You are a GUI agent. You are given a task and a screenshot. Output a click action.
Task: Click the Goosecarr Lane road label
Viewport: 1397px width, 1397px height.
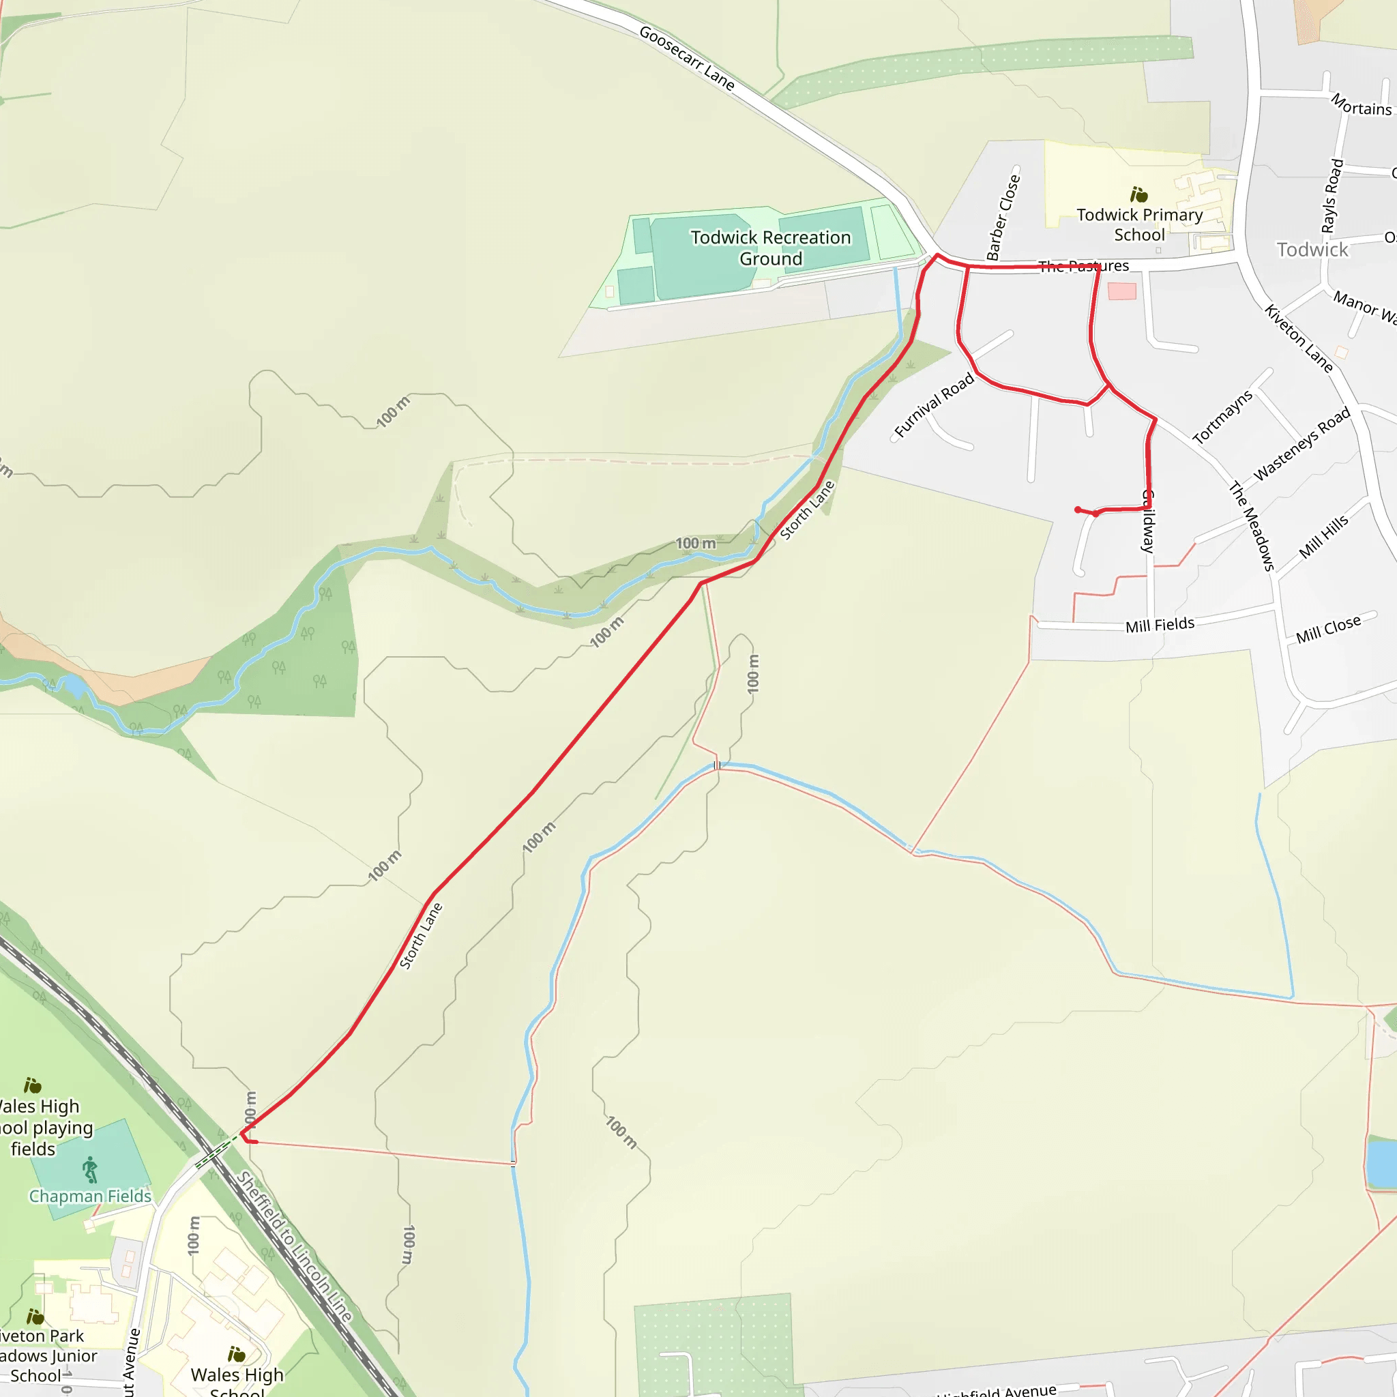pyautogui.click(x=686, y=59)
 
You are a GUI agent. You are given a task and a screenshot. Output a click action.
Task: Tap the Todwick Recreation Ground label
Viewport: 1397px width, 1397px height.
pyautogui.click(x=770, y=248)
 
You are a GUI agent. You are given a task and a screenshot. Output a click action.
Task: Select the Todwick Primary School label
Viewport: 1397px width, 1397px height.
pyautogui.click(x=1139, y=225)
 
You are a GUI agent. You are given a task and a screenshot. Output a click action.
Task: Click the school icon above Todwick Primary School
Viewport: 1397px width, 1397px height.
pyautogui.click(x=1139, y=194)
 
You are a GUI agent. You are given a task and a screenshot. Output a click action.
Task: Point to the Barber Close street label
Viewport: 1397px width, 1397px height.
pyautogui.click(x=1003, y=217)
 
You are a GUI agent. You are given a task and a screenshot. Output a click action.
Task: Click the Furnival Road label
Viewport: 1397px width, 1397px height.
pyautogui.click(x=934, y=406)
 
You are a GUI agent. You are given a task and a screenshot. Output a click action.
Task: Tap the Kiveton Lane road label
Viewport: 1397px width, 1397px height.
pyautogui.click(x=1298, y=338)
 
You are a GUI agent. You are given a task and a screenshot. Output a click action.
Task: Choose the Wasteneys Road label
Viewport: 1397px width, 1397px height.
pyautogui.click(x=1302, y=443)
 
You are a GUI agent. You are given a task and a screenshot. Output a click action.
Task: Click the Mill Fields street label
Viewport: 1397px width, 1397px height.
pyautogui.click(x=1159, y=625)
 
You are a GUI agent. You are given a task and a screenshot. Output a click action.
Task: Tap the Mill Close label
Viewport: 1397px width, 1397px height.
pyautogui.click(x=1327, y=628)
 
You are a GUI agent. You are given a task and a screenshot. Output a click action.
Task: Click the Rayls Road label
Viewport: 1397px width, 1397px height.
pyautogui.click(x=1332, y=196)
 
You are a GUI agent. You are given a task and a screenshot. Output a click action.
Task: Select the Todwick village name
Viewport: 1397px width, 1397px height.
pyautogui.click(x=1312, y=250)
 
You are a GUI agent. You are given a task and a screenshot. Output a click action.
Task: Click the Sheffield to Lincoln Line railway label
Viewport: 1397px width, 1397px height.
pyautogui.click(x=295, y=1247)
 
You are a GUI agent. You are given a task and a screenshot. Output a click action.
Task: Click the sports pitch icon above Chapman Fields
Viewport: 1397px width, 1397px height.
pyautogui.click(x=89, y=1169)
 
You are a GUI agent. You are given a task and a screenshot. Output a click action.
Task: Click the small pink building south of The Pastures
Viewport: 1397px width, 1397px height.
pyautogui.click(x=1121, y=291)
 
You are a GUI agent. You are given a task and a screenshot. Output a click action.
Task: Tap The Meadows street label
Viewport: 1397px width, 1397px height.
pyautogui.click(x=1252, y=526)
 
